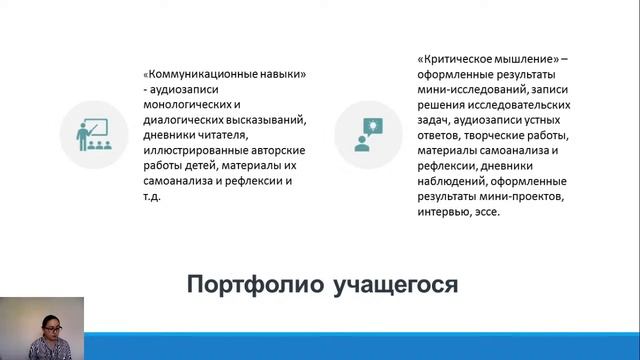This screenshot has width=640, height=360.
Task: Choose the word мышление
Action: pyautogui.click(x=524, y=59)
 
